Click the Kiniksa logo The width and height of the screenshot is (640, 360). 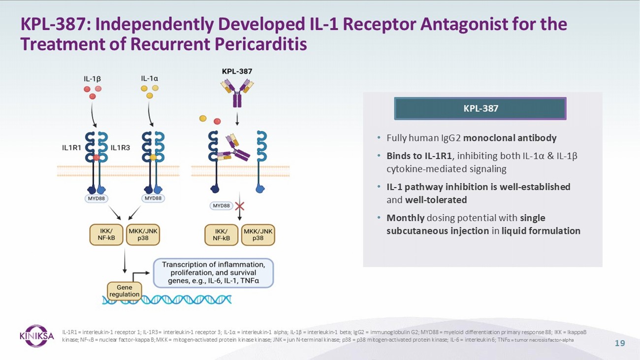pyautogui.click(x=36, y=336)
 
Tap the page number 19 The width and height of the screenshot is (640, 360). pyautogui.click(x=620, y=343)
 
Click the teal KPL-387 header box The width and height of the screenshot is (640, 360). pyautogui.click(x=480, y=108)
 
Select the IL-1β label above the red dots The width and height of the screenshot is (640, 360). pyautogui.click(x=92, y=79)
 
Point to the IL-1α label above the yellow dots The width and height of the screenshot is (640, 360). pyautogui.click(x=150, y=78)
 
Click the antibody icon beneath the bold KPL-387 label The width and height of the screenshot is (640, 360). pyautogui.click(x=237, y=94)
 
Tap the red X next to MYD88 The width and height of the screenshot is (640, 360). pyautogui.click(x=239, y=206)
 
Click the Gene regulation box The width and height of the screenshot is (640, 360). pyautogui.click(x=124, y=291)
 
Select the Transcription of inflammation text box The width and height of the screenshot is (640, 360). pyautogui.click(x=214, y=273)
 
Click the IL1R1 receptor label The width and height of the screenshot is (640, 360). pyautogui.click(x=72, y=148)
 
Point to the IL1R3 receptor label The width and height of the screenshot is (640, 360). pyautogui.click(x=120, y=148)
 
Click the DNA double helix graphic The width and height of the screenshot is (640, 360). pyautogui.click(x=167, y=299)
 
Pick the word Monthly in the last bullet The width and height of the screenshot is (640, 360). pyautogui.click(x=406, y=218)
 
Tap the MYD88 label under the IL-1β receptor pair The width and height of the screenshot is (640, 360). pyautogui.click(x=96, y=198)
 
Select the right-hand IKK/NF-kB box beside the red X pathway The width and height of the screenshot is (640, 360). pyautogui.click(x=222, y=235)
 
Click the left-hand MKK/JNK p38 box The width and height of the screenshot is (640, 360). pyautogui.click(x=143, y=234)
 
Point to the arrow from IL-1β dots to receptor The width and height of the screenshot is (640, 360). pyautogui.click(x=93, y=115)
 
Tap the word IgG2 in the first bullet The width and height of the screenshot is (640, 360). pyautogui.click(x=451, y=138)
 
